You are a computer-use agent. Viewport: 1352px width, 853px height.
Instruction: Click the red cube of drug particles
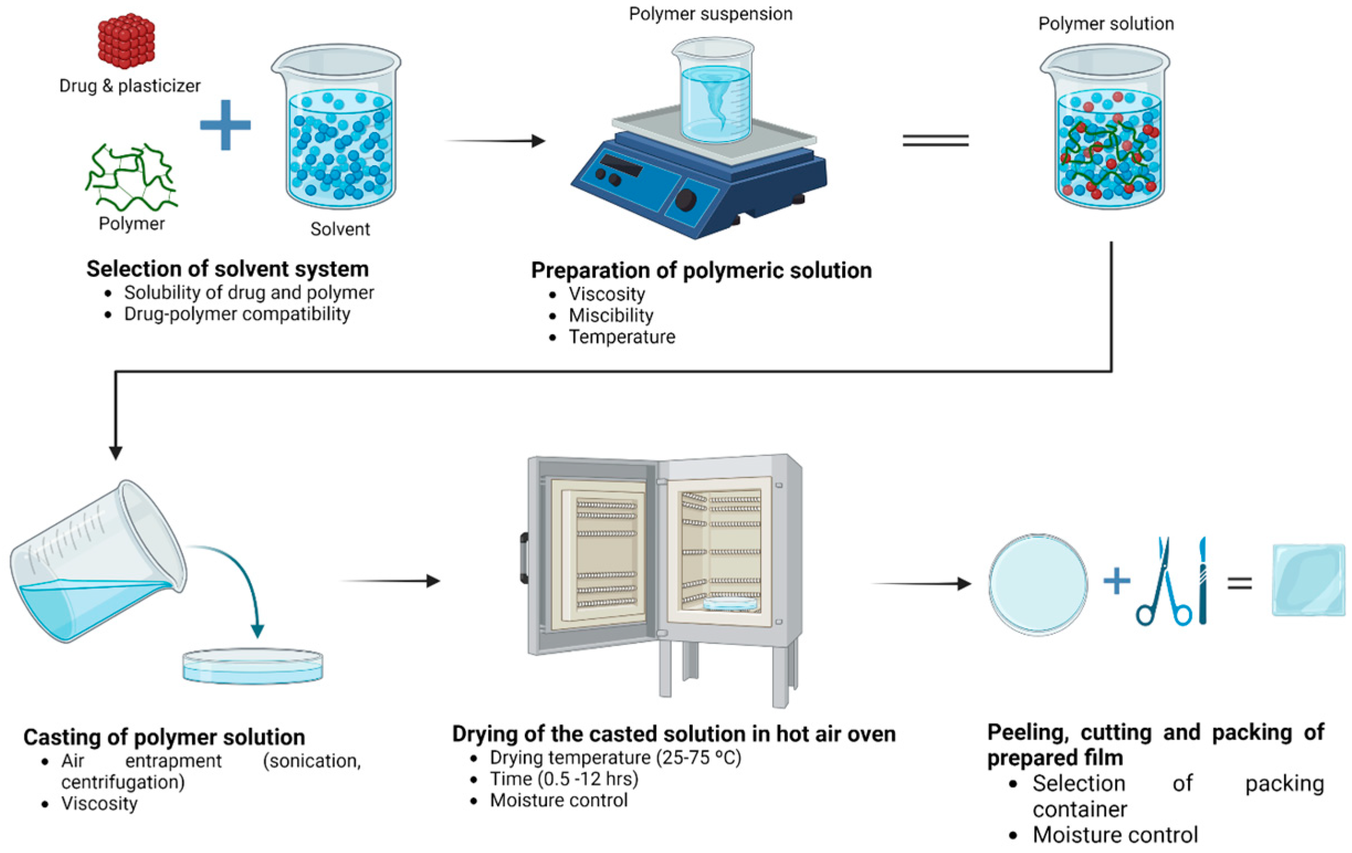point(126,40)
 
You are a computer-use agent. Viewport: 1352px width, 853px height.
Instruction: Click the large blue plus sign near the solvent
point(225,125)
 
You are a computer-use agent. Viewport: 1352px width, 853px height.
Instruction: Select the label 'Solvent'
point(340,229)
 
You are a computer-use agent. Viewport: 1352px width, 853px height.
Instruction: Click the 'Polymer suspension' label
point(710,14)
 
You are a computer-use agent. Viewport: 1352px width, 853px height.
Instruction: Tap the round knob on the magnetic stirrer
point(686,199)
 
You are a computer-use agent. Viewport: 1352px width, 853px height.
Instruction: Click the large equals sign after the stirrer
point(935,140)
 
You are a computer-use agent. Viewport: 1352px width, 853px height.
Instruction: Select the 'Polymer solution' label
point(1106,24)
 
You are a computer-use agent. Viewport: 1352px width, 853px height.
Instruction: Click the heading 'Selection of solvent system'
point(228,269)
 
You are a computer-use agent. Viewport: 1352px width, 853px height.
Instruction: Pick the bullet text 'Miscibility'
point(611,315)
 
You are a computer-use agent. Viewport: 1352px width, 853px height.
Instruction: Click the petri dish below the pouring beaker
point(252,667)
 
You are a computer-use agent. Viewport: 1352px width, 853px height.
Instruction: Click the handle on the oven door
point(524,558)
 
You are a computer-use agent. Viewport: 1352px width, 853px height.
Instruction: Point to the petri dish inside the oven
point(729,604)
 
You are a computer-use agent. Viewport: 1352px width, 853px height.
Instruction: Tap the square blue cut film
point(1308,580)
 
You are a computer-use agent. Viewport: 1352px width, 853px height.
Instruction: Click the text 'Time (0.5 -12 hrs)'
point(564,779)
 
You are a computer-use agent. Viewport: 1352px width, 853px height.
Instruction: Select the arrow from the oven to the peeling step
point(921,584)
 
